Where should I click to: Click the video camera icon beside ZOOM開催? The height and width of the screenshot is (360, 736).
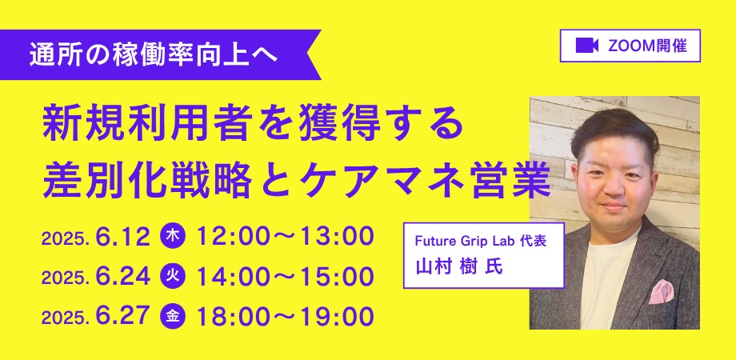tap(586, 46)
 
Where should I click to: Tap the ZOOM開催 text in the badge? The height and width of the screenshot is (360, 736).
tap(647, 46)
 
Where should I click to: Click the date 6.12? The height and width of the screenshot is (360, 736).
tap(123, 237)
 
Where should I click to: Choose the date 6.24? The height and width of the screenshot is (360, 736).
tap(123, 277)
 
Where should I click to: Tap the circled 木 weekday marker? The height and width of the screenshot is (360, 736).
tap(173, 237)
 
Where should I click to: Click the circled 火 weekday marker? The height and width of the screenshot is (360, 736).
tap(173, 277)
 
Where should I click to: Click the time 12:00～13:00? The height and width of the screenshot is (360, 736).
tap(285, 237)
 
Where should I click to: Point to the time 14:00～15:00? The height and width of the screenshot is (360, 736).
tap(285, 277)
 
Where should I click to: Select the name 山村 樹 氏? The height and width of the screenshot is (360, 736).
tap(459, 266)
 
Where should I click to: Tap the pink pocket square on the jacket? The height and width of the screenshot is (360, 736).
tap(661, 291)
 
